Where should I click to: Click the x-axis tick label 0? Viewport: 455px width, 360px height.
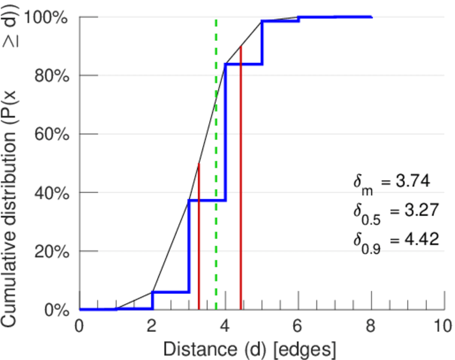coord(79,326)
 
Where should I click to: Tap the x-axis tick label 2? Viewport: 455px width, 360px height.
coord(152,326)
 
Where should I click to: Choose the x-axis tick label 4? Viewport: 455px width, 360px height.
coord(225,326)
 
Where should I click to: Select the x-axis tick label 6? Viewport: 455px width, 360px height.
coord(298,326)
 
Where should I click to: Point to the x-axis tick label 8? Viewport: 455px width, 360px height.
coord(371,326)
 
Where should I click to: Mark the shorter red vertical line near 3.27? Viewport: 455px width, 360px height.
coord(198,240)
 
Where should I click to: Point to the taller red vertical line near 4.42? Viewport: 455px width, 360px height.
coord(240,180)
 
